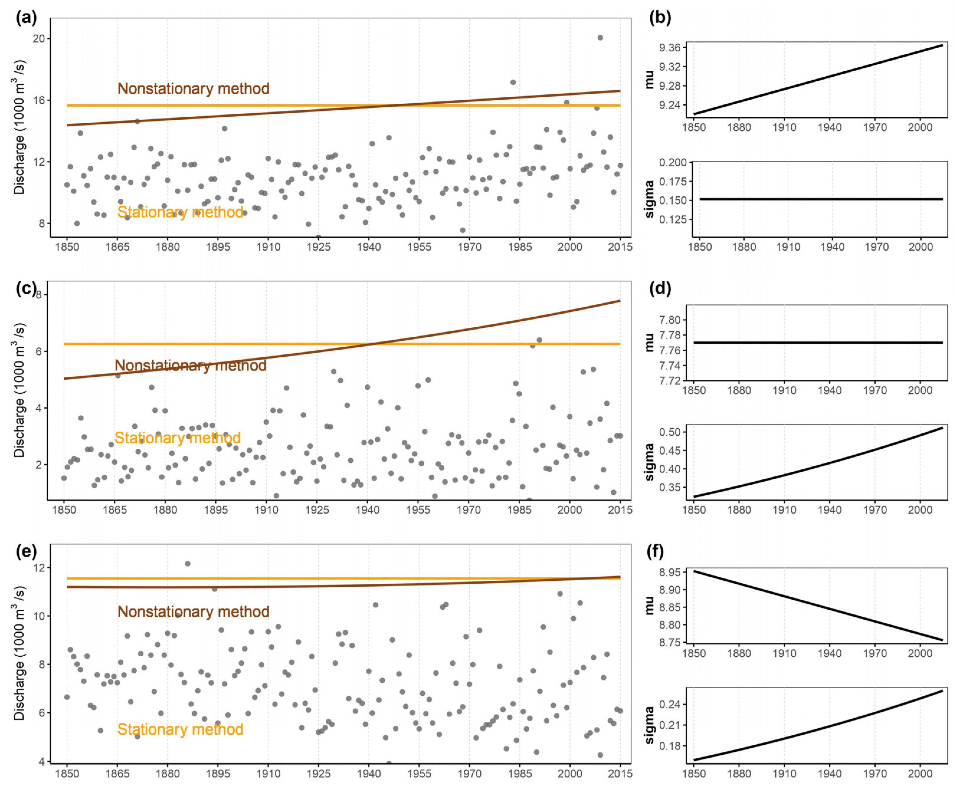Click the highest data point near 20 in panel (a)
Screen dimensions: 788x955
[600, 38]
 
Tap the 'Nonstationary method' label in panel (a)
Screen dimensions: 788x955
[193, 88]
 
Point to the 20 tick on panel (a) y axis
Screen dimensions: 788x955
[39, 39]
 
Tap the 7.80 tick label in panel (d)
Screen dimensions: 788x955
[670, 320]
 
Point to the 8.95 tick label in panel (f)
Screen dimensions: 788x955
[670, 573]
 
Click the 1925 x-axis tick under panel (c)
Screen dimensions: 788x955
[317, 510]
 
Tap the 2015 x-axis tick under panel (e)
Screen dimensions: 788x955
[620, 773]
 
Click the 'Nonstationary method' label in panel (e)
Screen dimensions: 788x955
[193, 611]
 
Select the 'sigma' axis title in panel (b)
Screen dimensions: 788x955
[649, 199]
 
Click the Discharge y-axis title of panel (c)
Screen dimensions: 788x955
[19, 390]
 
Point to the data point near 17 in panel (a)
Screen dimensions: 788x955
[512, 82]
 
